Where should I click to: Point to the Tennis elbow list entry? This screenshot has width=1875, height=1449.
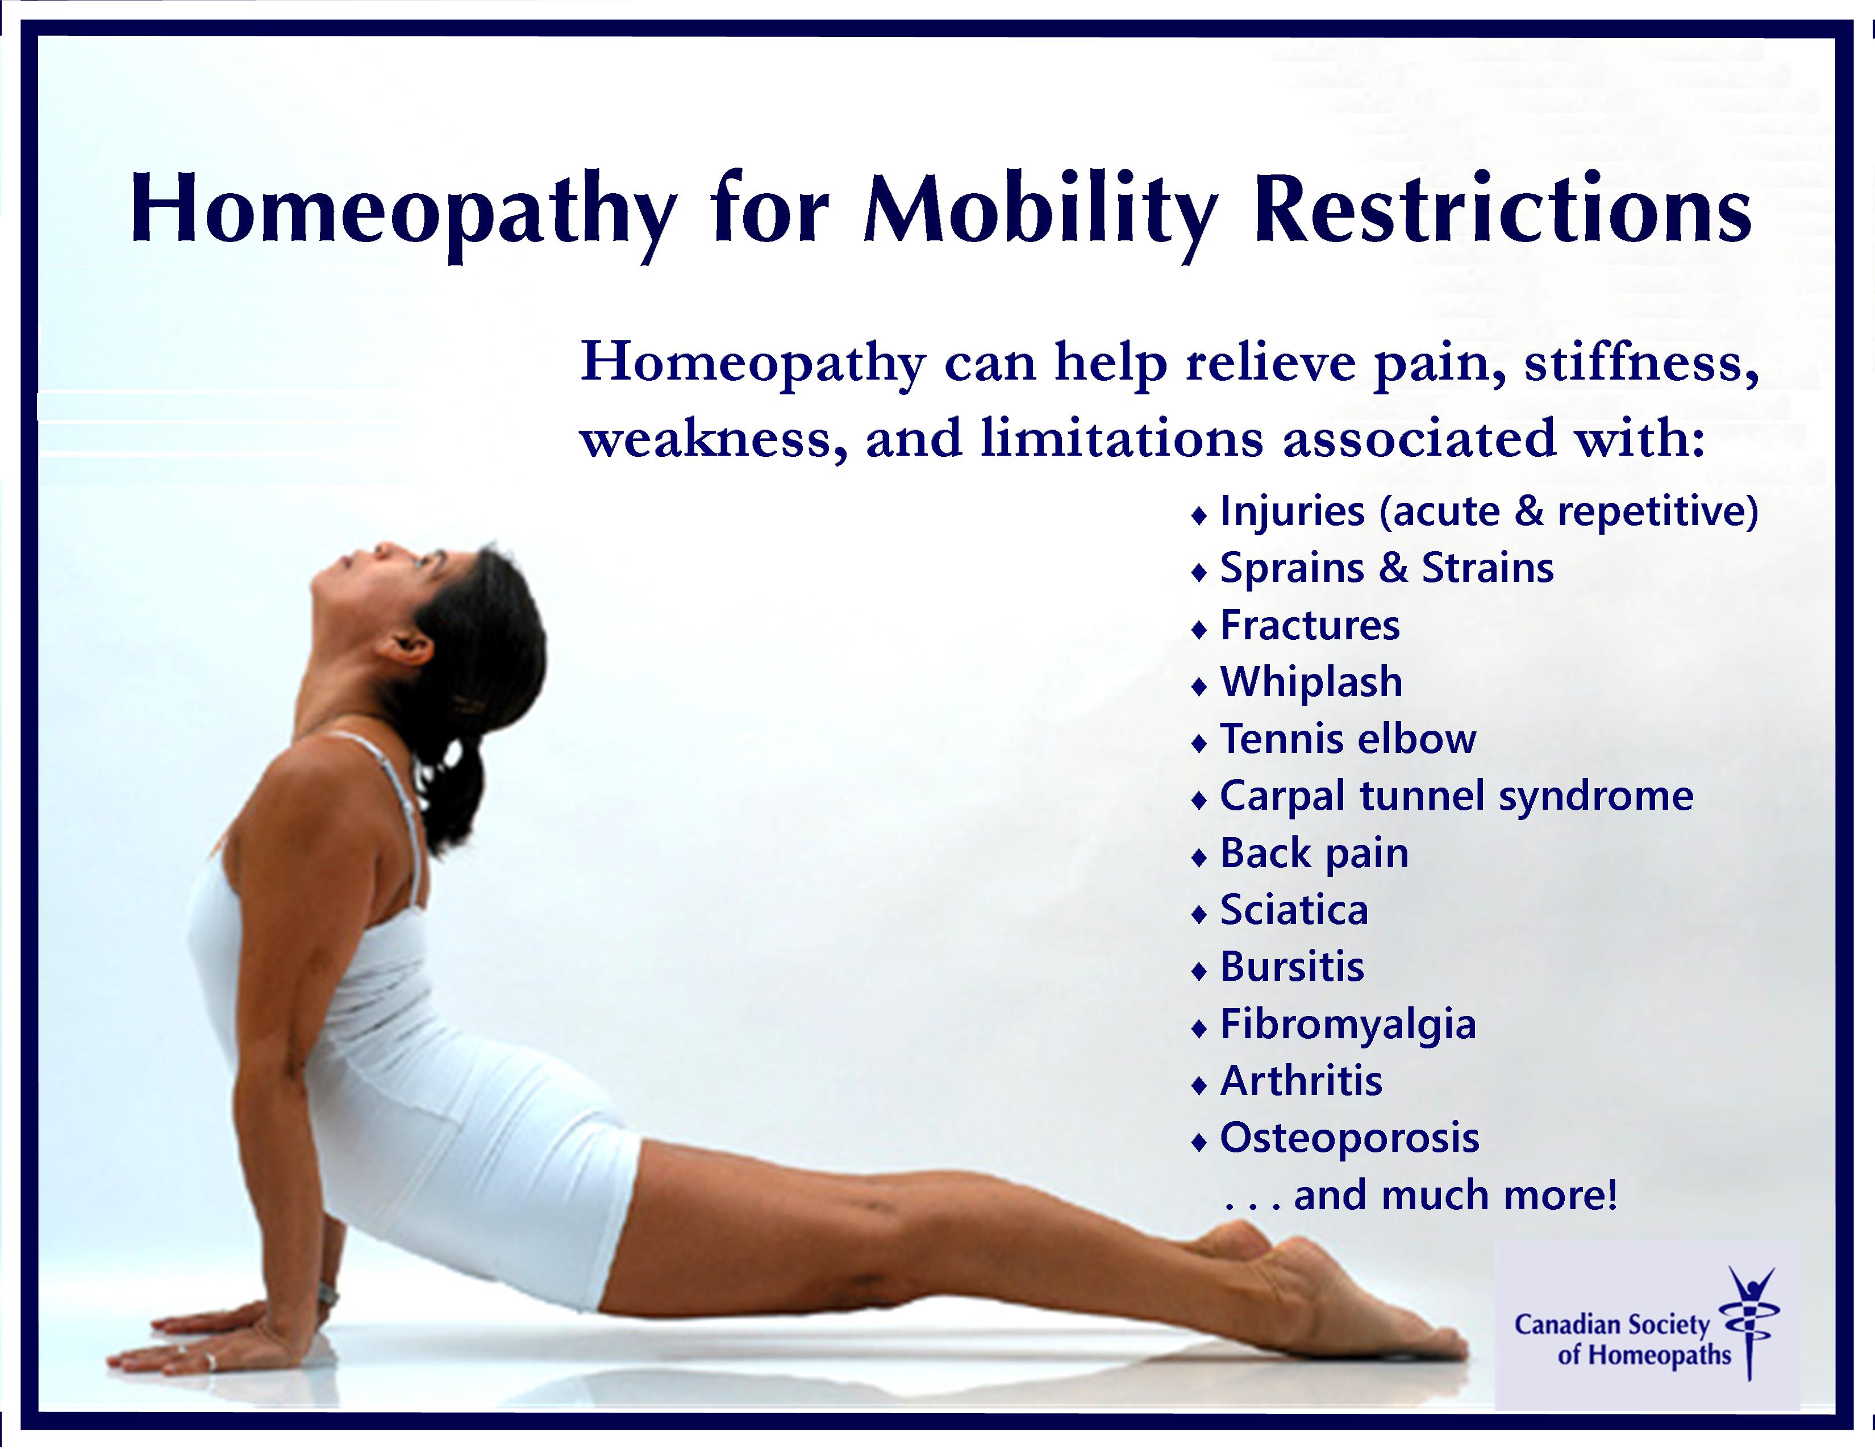[1348, 738]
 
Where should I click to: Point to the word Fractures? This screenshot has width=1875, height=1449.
[1310, 625]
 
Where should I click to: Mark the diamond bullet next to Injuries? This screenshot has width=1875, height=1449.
[1199, 517]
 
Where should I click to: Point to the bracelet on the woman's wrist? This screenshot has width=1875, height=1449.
[327, 1292]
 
